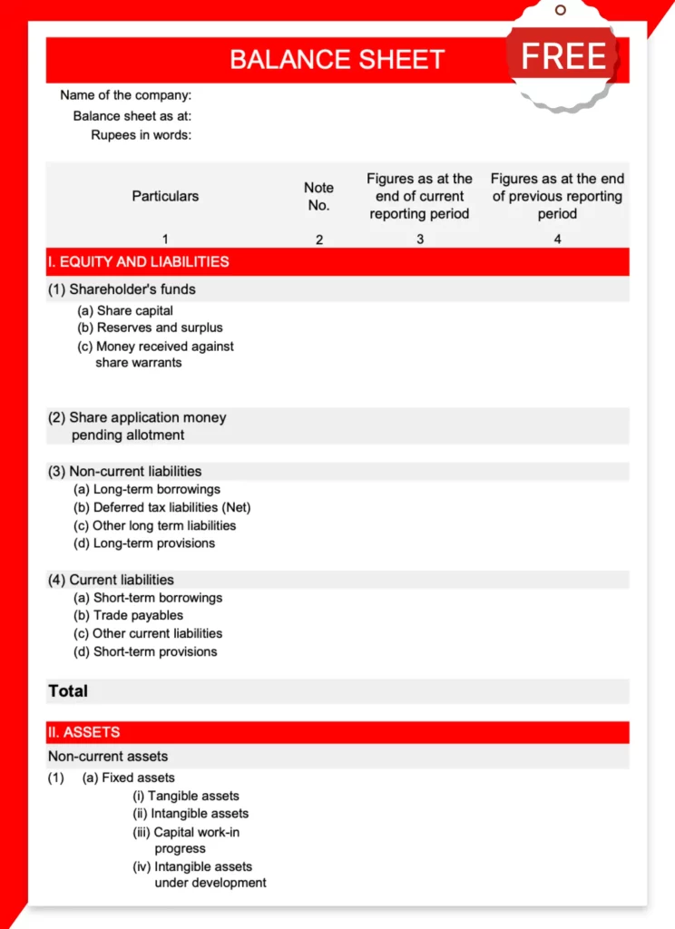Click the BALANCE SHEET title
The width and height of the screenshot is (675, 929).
(x=337, y=60)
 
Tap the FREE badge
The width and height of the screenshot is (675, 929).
(x=562, y=56)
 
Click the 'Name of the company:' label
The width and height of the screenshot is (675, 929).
(x=125, y=95)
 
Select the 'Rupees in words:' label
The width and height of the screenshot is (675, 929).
(x=141, y=135)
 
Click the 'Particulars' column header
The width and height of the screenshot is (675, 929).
(x=165, y=196)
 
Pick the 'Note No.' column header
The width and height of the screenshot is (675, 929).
(x=318, y=196)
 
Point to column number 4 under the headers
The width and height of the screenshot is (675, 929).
(x=557, y=240)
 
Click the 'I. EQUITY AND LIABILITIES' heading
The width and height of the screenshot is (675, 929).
(x=138, y=261)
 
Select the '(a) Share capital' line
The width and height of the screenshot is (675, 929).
(x=125, y=310)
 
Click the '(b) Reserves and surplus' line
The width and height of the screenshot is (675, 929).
(x=150, y=328)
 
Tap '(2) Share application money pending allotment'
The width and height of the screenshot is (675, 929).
(x=137, y=425)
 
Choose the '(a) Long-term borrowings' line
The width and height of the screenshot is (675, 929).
(x=146, y=489)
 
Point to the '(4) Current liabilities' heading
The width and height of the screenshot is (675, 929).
(x=111, y=580)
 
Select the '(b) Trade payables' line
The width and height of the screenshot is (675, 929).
(x=128, y=615)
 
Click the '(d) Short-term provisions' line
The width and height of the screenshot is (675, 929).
(x=145, y=651)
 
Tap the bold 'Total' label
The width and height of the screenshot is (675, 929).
(x=68, y=691)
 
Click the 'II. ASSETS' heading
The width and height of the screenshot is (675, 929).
(x=83, y=732)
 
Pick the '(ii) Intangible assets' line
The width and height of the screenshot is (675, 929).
(x=191, y=814)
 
